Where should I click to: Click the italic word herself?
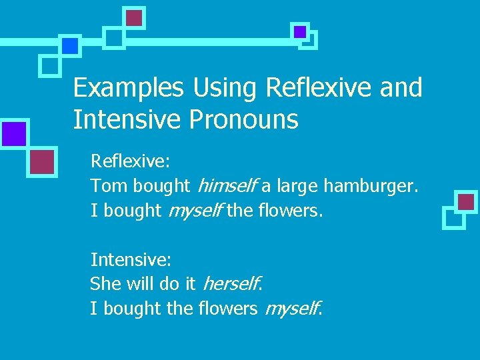(230, 284)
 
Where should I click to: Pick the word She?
(105, 284)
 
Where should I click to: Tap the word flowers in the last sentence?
(228, 309)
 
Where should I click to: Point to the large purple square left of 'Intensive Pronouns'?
(14, 133)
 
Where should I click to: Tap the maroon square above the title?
(135, 18)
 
